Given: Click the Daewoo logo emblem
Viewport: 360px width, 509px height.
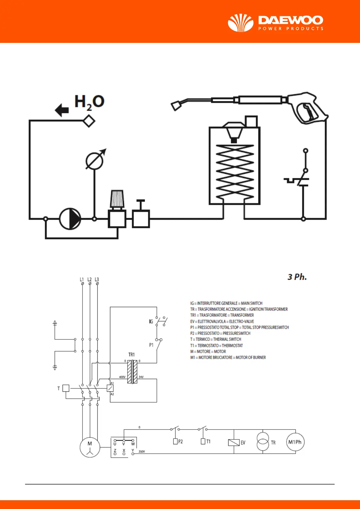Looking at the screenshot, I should pos(241,23).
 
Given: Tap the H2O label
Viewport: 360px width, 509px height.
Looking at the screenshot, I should pos(89,102).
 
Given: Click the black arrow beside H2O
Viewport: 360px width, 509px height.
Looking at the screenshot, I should pos(62,110).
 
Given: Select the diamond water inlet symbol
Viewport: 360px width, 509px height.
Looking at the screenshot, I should pos(89,121).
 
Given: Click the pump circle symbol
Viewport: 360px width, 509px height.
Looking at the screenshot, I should pos(70,219).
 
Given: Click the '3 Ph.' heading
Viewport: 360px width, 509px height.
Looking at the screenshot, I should pos(297,277).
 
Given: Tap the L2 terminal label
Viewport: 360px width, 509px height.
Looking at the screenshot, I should pos(89,280).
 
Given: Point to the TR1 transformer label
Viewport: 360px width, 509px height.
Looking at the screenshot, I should pos(131,355).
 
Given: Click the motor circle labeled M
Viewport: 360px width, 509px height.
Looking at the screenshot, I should pos(90,447).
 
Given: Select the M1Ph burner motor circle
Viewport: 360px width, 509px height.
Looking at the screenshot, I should pos(295,442).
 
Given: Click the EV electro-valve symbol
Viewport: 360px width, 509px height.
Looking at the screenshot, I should pos(234,443).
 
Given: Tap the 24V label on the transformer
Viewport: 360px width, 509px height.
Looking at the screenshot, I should pos(141,377).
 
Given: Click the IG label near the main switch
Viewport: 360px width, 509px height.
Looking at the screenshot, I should pos(151,322).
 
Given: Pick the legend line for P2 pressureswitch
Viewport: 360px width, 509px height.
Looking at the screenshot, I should pos(220,333).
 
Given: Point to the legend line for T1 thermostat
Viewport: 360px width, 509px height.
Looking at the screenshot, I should pos(216,345).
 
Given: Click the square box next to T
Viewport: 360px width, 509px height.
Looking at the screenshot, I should pos(66,388).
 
